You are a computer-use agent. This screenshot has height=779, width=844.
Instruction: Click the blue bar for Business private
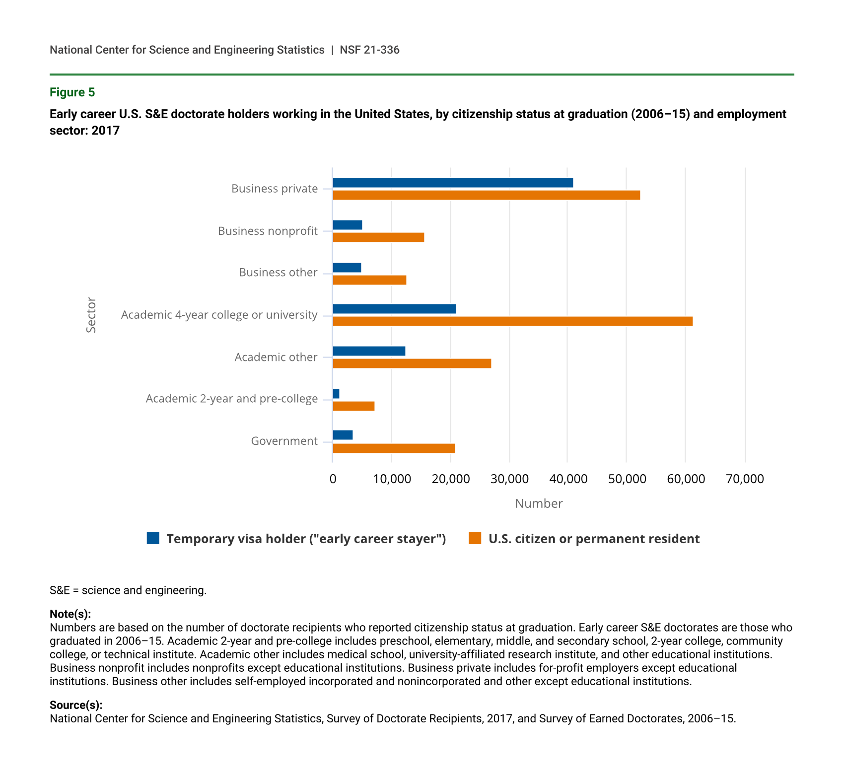coord(452,183)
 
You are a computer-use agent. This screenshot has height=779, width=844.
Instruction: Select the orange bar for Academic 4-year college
coord(512,321)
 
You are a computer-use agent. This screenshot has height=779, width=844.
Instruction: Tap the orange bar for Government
coord(394,448)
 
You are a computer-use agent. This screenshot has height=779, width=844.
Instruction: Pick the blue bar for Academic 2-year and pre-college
coord(336,394)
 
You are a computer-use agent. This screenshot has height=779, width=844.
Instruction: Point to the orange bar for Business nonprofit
coord(378,237)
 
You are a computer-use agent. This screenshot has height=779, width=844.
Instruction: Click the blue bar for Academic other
coord(369,351)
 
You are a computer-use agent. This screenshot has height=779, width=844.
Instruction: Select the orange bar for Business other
coord(369,280)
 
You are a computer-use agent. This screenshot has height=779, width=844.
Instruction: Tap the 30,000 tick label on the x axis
coord(509,479)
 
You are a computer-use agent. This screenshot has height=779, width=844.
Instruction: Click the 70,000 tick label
coord(745,479)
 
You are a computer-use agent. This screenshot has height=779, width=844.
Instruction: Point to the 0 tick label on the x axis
coord(333,479)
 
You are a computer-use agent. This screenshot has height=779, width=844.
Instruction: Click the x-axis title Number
coord(539,503)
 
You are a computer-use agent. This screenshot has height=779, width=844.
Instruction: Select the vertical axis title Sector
coord(91,315)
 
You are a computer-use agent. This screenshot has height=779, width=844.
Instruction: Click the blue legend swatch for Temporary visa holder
coord(153,538)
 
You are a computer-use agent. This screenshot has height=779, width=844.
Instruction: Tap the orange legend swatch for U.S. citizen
coord(475,538)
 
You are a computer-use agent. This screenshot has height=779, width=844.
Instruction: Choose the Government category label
coord(284,441)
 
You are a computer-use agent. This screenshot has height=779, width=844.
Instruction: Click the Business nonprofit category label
coord(268,231)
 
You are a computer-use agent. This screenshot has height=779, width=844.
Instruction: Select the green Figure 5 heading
coord(72,92)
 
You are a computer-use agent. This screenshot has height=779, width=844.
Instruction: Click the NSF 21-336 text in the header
coord(369,50)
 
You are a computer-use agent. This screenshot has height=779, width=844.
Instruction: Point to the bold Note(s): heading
coord(70,614)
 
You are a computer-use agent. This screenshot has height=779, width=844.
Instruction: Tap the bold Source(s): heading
coord(76,705)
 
